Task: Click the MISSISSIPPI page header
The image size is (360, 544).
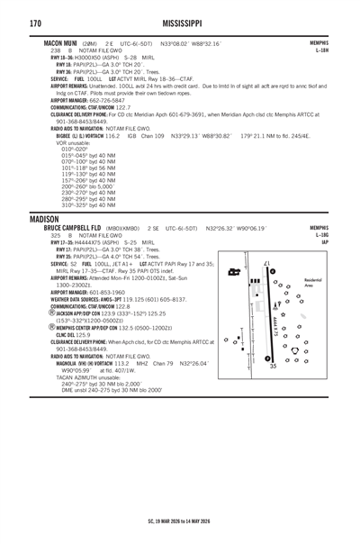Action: pyautogui.click(x=179, y=22)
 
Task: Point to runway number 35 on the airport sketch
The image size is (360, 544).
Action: pyautogui.click(x=272, y=366)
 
